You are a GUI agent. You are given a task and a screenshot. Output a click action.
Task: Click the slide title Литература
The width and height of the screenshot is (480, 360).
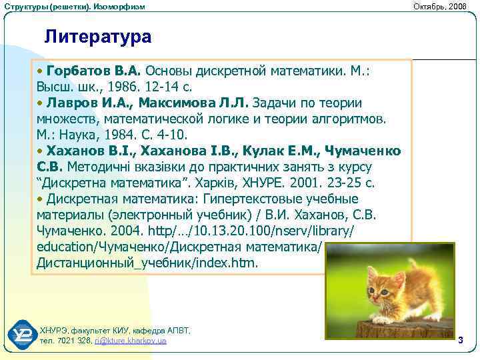click(97, 36)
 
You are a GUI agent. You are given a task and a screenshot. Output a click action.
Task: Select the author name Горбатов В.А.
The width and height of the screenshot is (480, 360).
click(94, 71)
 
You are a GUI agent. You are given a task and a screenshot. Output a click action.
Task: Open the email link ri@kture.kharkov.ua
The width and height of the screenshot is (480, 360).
click(131, 341)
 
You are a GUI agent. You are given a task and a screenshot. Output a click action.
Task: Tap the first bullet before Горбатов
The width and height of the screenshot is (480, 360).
click(41, 71)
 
